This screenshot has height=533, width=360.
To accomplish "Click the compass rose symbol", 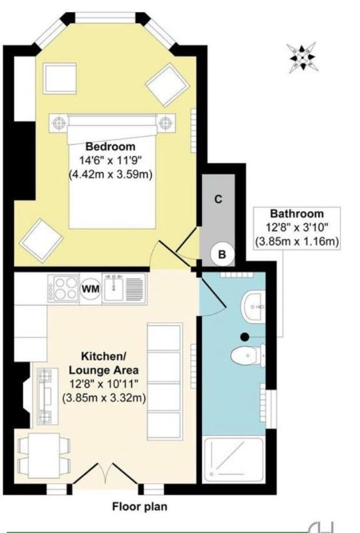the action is click(302, 58).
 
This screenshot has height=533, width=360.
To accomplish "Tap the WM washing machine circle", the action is click(91, 289).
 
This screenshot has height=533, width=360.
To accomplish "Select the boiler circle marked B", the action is click(221, 254).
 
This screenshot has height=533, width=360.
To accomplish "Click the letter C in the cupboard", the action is click(218, 199).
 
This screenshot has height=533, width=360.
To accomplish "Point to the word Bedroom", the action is click(110, 147).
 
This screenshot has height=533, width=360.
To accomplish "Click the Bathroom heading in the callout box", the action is click(297, 214).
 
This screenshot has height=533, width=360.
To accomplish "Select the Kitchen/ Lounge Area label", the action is click(104, 363).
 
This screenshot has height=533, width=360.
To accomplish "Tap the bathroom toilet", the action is click(248, 356).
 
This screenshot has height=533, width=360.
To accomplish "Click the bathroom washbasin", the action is click(254, 305).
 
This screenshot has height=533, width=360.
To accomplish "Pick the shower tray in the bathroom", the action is click(233, 459).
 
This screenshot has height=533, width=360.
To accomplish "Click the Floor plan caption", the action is click(140, 507).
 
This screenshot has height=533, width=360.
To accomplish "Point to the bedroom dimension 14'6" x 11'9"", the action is click(110, 160).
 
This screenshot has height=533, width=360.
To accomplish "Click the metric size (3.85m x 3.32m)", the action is click(104, 398).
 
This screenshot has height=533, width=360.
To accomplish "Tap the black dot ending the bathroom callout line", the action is click(244, 337).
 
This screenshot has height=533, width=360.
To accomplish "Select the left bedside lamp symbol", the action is click(60, 122).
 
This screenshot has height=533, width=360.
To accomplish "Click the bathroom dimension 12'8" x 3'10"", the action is click(297, 228).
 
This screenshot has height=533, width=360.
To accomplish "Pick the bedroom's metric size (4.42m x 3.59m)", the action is click(110, 175).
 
